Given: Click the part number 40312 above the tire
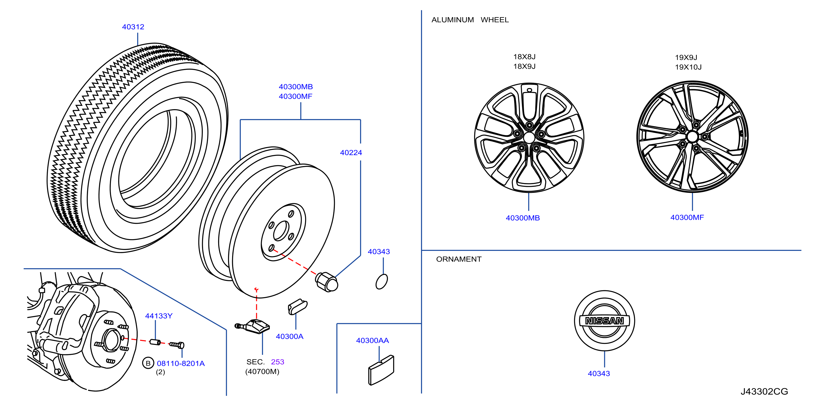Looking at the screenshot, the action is [x=133, y=27].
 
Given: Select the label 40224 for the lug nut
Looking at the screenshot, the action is [x=351, y=153].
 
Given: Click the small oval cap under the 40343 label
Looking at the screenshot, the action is [x=382, y=282].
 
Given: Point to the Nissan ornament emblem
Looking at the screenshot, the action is [x=604, y=321].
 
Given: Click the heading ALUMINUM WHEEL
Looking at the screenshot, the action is [x=470, y=20].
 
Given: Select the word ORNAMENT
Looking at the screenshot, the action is [x=458, y=259].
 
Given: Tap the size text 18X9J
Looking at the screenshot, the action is [x=524, y=66].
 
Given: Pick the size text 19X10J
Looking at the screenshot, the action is [x=688, y=67].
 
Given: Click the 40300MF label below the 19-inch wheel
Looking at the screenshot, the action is [x=687, y=217].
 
